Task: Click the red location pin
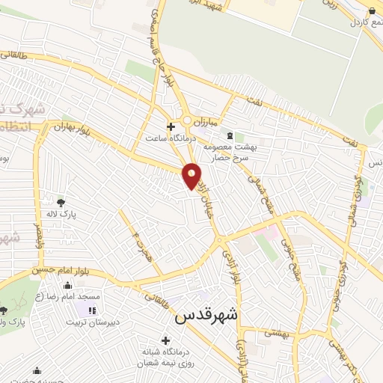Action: (x=192, y=177)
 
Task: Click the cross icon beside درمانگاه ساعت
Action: (x=171, y=126)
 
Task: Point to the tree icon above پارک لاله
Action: (x=61, y=202)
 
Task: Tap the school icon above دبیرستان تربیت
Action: (x=93, y=310)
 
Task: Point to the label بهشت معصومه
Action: (x=254, y=147)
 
